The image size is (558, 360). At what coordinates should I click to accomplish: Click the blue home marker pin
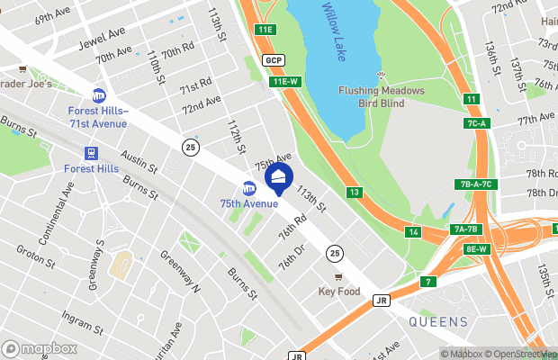pyautogui.click(x=279, y=178)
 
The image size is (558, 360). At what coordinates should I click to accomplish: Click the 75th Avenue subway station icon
pyautogui.click(x=250, y=187)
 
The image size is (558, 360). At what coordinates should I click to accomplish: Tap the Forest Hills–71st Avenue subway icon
pyautogui.click(x=99, y=95)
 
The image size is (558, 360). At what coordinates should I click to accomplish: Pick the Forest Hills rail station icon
pyautogui.click(x=90, y=154)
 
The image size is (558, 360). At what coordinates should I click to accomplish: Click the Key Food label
pyautogui.click(x=338, y=292)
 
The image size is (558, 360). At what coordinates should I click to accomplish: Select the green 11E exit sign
pyautogui.click(x=264, y=30)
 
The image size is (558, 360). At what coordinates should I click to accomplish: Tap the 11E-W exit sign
pyautogui.click(x=284, y=82)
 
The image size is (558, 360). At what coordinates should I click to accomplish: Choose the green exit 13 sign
pyautogui.click(x=355, y=193)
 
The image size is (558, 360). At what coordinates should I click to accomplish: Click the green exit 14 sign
pyautogui.click(x=413, y=232)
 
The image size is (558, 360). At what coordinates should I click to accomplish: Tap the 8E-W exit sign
pyautogui.click(x=476, y=248)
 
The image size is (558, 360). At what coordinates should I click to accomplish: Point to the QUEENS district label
pyautogui.click(x=438, y=321)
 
